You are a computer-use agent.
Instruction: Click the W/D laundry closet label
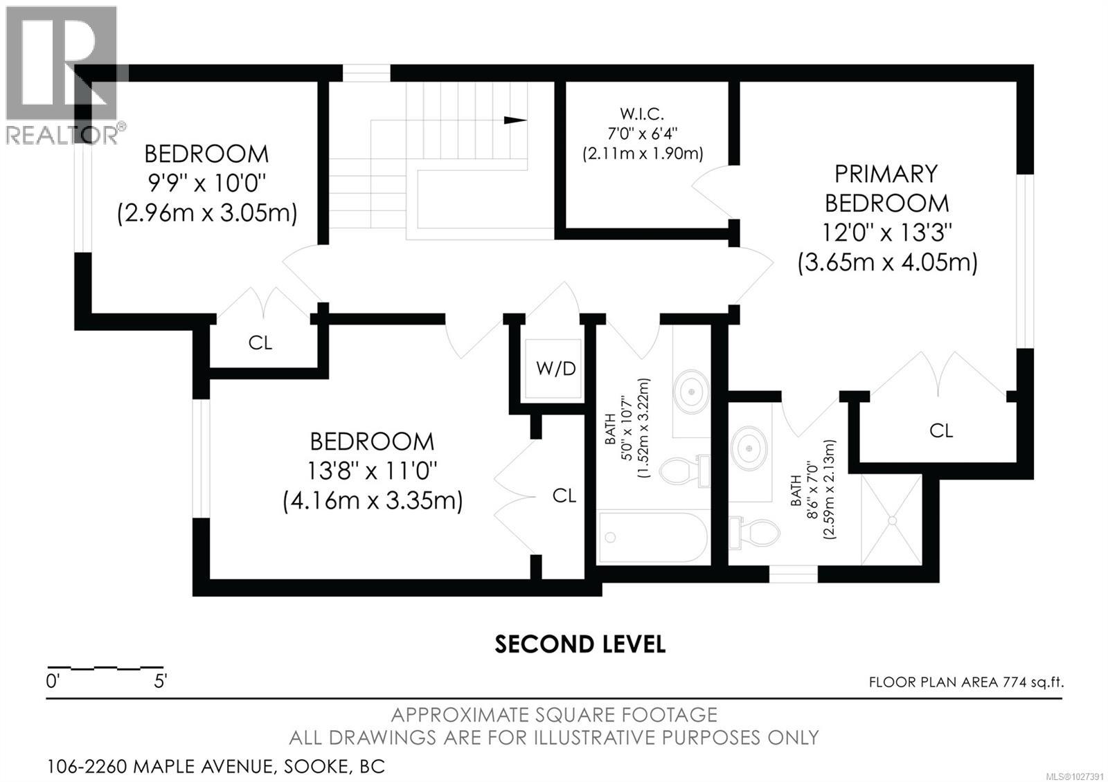(x=555, y=368)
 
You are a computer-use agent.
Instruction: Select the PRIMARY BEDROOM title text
(x=886, y=188)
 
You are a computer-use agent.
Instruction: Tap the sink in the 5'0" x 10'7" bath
(x=691, y=391)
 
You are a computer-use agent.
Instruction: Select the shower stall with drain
(x=891, y=519)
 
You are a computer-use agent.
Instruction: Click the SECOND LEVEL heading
(x=580, y=644)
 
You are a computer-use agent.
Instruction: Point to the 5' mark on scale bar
(x=160, y=682)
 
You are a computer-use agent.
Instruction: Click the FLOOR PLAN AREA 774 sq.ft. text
(x=966, y=682)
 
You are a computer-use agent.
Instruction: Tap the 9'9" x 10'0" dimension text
(x=206, y=183)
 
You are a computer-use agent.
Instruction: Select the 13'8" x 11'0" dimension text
(x=372, y=471)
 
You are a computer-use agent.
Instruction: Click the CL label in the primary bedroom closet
(x=940, y=431)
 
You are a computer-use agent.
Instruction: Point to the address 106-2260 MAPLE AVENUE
(x=215, y=767)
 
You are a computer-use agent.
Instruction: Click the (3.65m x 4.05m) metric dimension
(x=887, y=263)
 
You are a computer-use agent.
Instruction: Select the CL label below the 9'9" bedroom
(x=260, y=343)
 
